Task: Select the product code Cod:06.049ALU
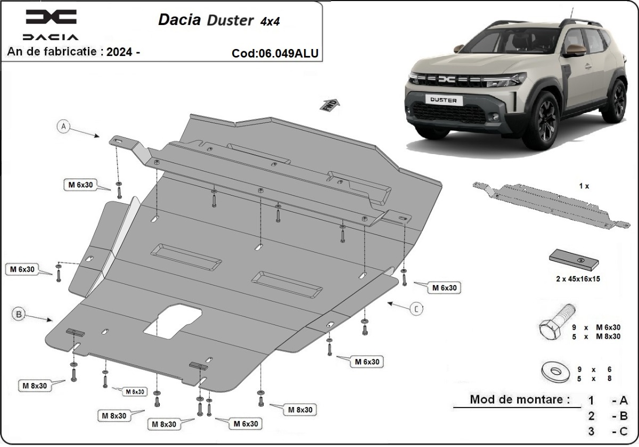275,53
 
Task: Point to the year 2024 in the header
120,52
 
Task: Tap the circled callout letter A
63,126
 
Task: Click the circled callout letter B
19,315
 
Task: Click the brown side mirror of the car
574,50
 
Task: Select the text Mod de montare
520,399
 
